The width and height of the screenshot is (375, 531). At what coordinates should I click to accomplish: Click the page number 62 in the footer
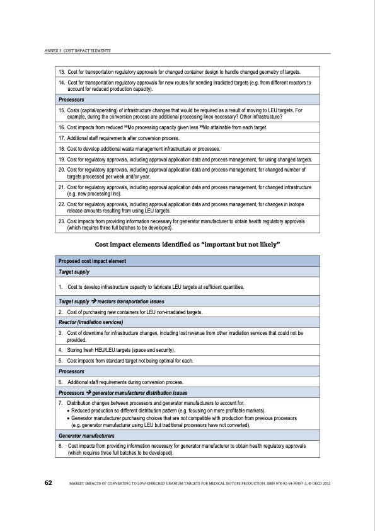(x=48, y=482)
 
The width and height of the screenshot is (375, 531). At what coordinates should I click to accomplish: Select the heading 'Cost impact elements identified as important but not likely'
(x=187, y=243)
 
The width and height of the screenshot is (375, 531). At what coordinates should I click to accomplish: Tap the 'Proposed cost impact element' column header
(x=93, y=261)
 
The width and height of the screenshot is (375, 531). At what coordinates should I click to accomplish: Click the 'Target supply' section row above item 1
(x=74, y=272)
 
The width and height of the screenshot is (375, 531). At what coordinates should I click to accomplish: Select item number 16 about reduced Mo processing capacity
(x=61, y=128)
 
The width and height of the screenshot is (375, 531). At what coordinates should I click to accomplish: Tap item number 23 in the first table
(x=61, y=222)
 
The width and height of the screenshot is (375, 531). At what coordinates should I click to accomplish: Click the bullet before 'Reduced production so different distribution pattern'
(x=68, y=409)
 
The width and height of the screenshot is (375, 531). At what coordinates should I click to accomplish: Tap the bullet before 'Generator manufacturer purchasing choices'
(x=68, y=417)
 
